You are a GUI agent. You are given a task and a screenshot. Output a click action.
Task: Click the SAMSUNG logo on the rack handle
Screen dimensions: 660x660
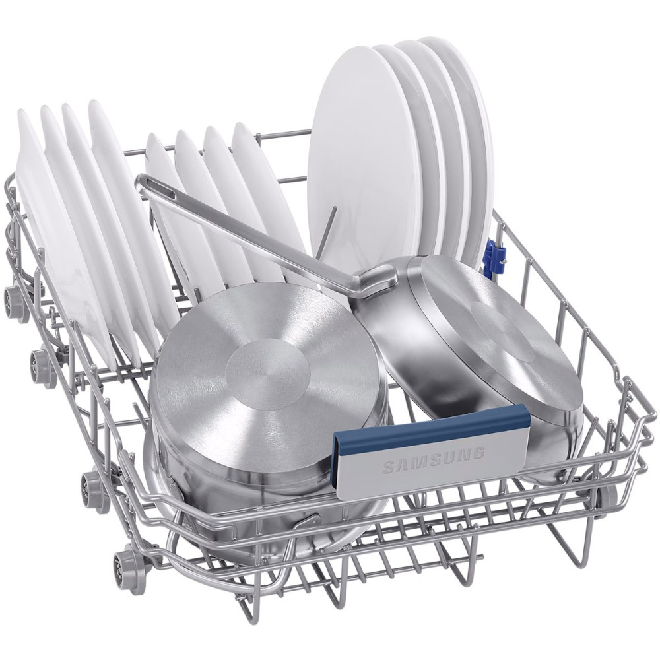point(434,460)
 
